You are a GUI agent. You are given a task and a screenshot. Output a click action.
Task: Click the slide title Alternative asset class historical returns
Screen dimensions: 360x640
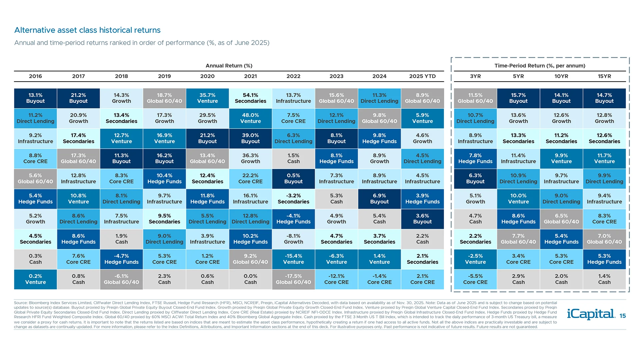click(x=87, y=30)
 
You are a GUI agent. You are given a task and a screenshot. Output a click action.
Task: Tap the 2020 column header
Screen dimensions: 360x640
click(x=207, y=76)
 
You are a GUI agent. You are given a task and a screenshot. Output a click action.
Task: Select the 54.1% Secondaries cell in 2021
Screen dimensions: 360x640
click(x=250, y=98)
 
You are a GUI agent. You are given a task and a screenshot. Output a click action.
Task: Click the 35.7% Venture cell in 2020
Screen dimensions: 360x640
click(x=207, y=98)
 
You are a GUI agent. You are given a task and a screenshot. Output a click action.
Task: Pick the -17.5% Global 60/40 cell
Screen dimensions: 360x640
click(x=293, y=279)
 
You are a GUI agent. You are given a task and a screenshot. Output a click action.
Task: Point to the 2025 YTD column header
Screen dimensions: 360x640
click(x=422, y=76)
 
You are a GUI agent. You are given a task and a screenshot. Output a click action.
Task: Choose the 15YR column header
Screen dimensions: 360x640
click(x=604, y=76)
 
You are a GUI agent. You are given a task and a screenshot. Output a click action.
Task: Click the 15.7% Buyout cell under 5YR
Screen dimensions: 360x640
click(x=518, y=98)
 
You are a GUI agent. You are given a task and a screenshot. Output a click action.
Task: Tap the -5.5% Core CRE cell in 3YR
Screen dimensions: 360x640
click(x=475, y=279)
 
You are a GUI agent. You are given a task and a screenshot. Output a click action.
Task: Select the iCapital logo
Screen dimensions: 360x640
click(x=591, y=314)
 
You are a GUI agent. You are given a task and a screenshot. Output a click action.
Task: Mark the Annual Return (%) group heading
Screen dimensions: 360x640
click(x=229, y=66)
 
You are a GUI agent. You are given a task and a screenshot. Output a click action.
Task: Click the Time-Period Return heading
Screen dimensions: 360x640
click(x=540, y=66)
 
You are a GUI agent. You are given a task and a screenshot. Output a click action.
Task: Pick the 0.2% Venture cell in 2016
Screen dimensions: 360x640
click(x=35, y=279)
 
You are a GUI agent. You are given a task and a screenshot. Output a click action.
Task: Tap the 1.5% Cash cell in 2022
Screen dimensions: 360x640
click(x=293, y=159)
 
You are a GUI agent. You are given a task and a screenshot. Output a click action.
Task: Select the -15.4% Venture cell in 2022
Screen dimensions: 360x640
click(x=293, y=259)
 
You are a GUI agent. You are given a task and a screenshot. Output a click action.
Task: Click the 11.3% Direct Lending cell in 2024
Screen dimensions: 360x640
click(x=379, y=98)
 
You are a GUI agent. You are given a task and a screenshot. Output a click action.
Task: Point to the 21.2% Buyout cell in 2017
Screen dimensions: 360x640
click(x=78, y=98)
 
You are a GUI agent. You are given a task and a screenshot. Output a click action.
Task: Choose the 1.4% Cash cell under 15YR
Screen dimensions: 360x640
click(x=604, y=279)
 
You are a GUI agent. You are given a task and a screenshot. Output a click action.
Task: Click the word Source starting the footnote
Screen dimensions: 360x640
click(x=20, y=303)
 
